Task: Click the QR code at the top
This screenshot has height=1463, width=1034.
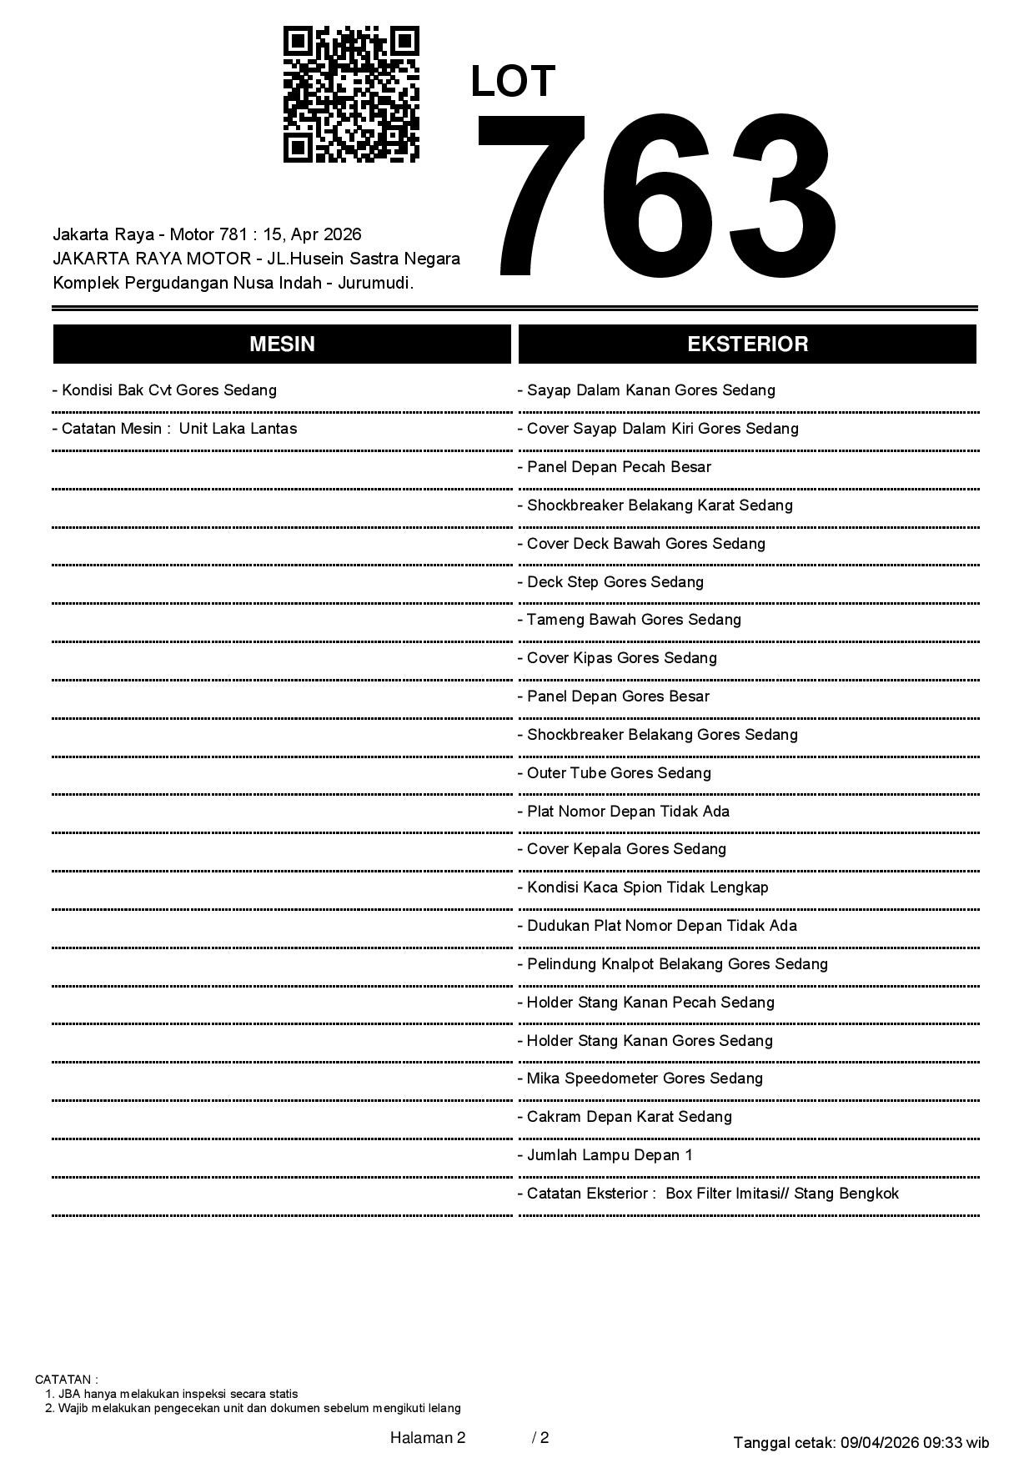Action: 351,94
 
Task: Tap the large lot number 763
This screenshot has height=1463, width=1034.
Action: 656,197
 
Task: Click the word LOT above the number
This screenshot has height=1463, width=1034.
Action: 513,82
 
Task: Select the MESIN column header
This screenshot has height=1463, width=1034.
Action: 282,344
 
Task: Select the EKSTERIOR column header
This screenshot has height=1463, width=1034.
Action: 747,344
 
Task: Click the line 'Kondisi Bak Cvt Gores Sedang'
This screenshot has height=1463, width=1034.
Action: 164,390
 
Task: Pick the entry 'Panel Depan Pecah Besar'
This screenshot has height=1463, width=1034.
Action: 615,467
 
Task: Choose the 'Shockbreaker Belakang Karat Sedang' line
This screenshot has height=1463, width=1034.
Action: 655,505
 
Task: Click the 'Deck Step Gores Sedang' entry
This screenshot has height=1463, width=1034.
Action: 611,582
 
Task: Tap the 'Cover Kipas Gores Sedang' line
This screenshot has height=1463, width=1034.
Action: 618,658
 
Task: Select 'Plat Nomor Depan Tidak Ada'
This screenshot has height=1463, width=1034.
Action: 624,812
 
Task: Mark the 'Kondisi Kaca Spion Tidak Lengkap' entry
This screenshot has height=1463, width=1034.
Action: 643,887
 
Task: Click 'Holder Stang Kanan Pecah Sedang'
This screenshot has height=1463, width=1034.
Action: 646,1003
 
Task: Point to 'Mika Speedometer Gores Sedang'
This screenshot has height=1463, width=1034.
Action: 640,1078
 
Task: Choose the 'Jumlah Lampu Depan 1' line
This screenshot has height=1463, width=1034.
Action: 605,1155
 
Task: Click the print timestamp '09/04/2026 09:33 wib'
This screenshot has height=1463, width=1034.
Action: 915,1442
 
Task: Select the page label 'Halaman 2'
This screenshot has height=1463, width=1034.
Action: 428,1437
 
